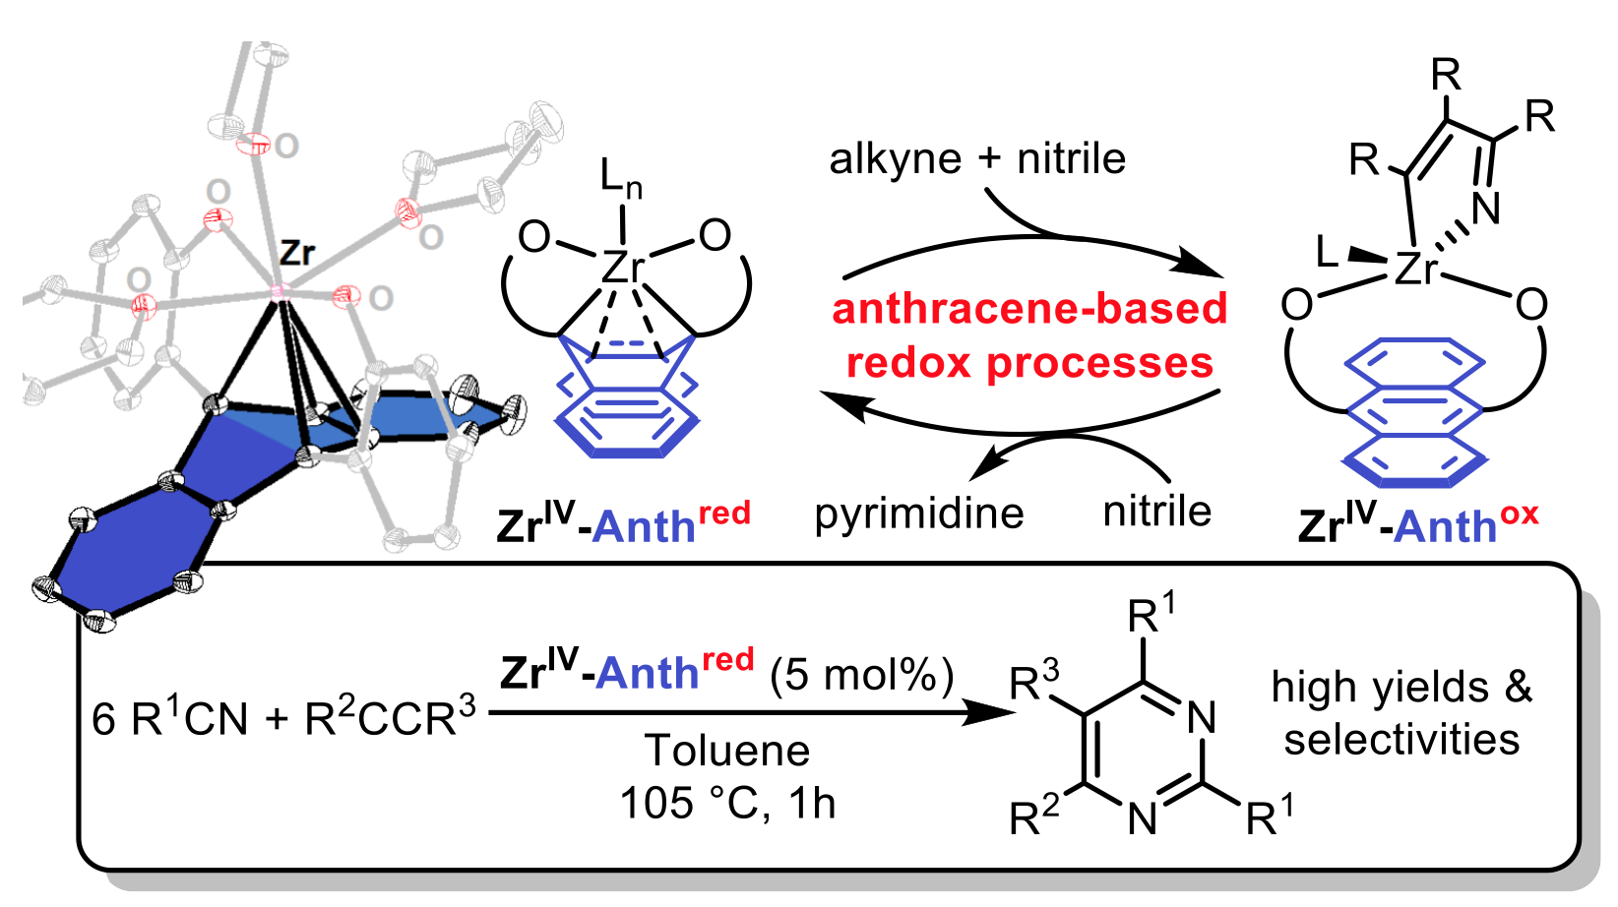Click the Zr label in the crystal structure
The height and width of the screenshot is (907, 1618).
click(x=296, y=253)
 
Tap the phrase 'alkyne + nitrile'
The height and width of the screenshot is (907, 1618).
click(x=977, y=158)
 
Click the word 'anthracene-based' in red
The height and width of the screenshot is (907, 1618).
click(x=1029, y=309)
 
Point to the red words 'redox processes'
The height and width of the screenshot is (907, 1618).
click(x=1029, y=363)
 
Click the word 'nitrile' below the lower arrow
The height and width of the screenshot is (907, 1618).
click(x=1156, y=511)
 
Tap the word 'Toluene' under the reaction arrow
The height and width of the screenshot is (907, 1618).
click(x=727, y=752)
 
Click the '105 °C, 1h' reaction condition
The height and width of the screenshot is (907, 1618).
click(x=727, y=804)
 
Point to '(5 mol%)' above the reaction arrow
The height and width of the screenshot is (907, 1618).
click(x=862, y=676)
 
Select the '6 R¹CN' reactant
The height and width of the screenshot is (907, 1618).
click(x=170, y=718)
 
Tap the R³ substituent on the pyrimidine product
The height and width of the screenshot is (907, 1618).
click(x=1035, y=680)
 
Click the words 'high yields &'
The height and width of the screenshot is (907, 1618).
click(x=1401, y=687)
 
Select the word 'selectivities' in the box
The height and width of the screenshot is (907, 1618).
click(x=1401, y=740)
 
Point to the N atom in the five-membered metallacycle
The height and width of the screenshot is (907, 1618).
click(x=1485, y=208)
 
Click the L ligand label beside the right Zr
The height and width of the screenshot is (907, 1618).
click(x=1328, y=253)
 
